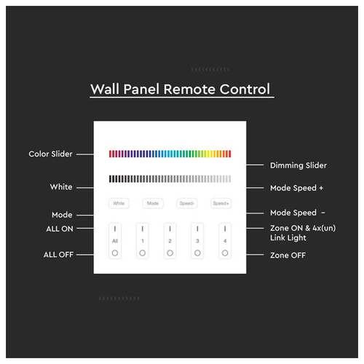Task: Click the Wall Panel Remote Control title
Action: pos(181,89)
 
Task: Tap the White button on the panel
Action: pos(119,203)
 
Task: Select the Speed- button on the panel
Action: pos(187,203)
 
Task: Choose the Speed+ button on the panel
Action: pos(221,203)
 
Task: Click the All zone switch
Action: pos(115,241)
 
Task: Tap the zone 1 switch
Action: pos(143,241)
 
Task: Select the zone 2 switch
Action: pos(170,241)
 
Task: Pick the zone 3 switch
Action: pos(197,241)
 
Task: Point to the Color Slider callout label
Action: pos(50,154)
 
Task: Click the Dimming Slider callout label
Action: pos(298,165)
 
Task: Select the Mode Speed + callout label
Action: pos(296,188)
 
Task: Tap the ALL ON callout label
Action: pos(60,229)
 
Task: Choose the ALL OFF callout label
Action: pos(58,255)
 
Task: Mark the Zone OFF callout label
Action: pos(288,256)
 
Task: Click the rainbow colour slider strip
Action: pos(170,154)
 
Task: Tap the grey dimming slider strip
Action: pos(170,179)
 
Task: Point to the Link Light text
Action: pos(288,238)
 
